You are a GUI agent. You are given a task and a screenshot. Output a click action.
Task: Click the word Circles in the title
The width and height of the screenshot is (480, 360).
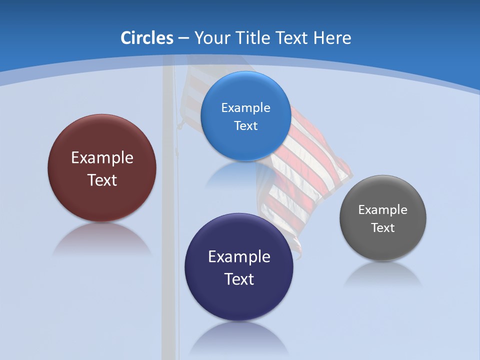click(x=147, y=38)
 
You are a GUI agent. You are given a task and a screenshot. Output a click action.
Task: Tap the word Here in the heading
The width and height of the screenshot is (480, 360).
click(x=332, y=38)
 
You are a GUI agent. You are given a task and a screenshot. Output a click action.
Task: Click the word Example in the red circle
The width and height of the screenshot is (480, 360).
click(x=102, y=158)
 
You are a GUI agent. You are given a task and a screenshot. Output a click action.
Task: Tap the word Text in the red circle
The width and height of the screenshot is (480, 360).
click(x=102, y=180)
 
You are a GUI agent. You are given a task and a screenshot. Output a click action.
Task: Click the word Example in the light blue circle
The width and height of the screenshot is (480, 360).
click(x=245, y=108)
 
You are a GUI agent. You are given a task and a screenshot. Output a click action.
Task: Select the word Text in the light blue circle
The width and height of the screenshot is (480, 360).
click(x=245, y=126)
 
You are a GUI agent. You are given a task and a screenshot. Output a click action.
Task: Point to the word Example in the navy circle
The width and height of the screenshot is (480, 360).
click(x=239, y=257)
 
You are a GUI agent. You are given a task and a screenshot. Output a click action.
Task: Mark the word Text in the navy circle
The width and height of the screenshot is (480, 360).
click(x=239, y=279)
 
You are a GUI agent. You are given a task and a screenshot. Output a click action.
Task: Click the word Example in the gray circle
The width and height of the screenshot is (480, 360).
click(x=383, y=210)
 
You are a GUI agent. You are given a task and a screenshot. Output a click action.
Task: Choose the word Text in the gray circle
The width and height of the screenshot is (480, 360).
click(x=383, y=228)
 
